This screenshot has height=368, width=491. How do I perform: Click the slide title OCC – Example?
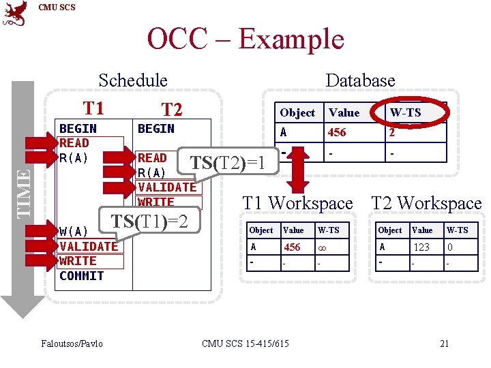pyautogui.click(x=245, y=39)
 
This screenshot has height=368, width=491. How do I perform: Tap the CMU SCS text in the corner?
pyautogui.click(x=57, y=7)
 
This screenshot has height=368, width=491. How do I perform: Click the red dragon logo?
pyautogui.click(x=15, y=13)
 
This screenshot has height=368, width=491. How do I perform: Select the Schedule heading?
pyautogui.click(x=133, y=80)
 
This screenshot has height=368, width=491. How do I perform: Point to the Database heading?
pyautogui.click(x=360, y=80)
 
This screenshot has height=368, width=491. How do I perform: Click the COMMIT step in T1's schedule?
pyautogui.click(x=81, y=276)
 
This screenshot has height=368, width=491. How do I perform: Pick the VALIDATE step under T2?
pyautogui.click(x=166, y=187)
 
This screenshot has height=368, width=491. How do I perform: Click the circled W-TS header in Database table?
pyautogui.click(x=405, y=112)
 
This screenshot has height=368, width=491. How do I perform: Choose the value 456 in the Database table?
pyautogui.click(x=337, y=132)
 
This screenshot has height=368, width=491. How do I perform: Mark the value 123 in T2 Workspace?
pyautogui.click(x=421, y=247)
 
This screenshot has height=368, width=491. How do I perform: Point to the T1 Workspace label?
pyautogui.click(x=298, y=203)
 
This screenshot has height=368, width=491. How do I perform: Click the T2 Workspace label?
pyautogui.click(x=426, y=203)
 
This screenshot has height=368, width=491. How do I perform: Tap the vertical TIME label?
pyautogui.click(x=23, y=192)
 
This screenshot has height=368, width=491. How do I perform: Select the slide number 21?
pyautogui.click(x=444, y=343)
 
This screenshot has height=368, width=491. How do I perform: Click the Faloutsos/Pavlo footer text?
pyautogui.click(x=72, y=343)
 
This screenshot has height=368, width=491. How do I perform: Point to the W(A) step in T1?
pyautogui.click(x=72, y=232)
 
